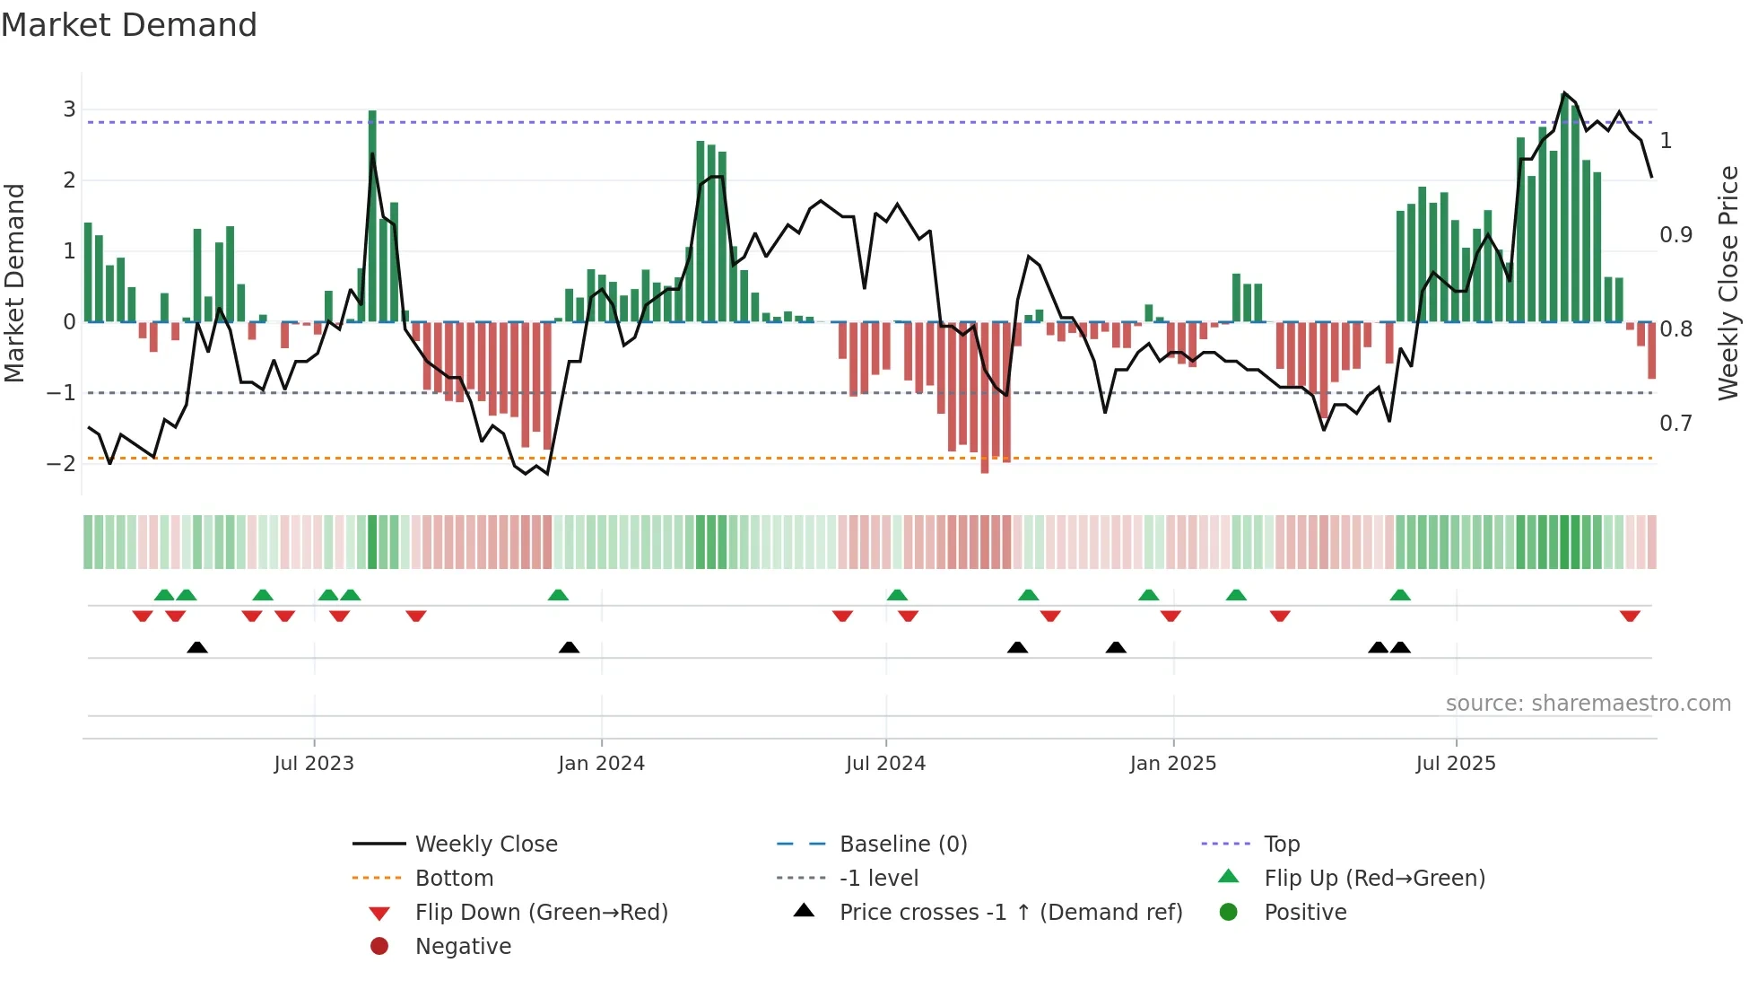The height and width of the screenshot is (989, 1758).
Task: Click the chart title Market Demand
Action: [129, 24]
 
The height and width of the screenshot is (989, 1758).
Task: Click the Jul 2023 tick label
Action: [314, 764]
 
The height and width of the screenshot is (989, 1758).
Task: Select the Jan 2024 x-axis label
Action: [601, 764]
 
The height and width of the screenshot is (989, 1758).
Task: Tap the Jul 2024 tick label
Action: [885, 764]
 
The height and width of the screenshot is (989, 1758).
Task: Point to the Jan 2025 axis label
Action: [1172, 764]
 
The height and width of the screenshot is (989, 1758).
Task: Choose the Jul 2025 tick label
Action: [1456, 764]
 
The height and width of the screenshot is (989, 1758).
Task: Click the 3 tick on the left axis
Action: [69, 109]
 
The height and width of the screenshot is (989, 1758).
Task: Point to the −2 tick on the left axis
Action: [62, 463]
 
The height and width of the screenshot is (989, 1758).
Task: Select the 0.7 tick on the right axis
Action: [1675, 423]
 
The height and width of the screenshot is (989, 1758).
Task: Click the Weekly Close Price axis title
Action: [1728, 283]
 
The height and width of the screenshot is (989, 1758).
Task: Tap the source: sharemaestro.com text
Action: [1588, 704]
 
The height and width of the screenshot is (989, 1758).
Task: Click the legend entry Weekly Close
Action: [485, 845]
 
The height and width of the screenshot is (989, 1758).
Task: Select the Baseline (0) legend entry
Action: [902, 845]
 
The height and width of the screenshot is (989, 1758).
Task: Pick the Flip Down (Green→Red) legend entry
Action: [541, 913]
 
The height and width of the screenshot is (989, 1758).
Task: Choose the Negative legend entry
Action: [463, 947]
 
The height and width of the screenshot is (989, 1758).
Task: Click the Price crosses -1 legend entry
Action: [1010, 913]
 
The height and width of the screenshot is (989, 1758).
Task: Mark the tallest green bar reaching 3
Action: [372, 215]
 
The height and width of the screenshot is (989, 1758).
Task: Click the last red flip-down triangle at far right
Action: [1630, 616]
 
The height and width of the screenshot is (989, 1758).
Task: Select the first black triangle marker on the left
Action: [197, 647]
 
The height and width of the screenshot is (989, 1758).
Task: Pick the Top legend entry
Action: [1281, 845]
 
